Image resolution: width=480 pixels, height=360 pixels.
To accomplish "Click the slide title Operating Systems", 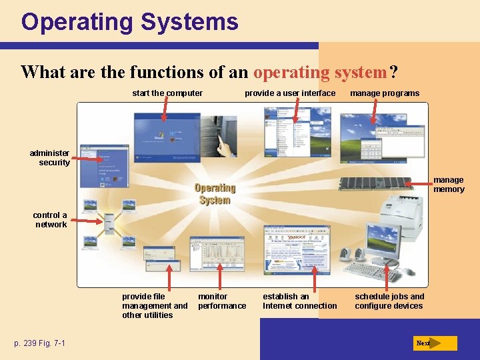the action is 129,22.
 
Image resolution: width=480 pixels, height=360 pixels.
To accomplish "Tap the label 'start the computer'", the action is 167,93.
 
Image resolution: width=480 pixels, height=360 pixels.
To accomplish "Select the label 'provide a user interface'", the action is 290,93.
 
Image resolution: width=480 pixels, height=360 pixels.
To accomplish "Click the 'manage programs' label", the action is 385,93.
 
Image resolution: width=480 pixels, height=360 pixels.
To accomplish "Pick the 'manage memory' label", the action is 449,185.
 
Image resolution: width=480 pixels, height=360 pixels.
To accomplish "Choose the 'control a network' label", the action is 51,220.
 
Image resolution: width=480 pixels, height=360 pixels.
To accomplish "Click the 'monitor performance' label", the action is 221,301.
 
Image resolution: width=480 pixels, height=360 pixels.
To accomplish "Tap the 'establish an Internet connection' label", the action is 299,301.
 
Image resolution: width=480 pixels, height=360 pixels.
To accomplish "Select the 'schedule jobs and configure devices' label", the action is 389,301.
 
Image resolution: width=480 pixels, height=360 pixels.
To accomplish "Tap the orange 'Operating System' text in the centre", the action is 215,194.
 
